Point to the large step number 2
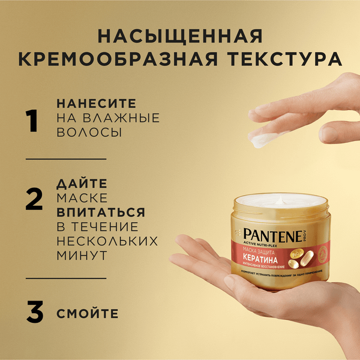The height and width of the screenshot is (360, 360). click(34, 197)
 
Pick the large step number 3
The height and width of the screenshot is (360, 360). click(34, 313)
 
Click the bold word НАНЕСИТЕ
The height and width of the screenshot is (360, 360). click(96, 103)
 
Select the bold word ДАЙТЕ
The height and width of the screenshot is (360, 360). click(82, 182)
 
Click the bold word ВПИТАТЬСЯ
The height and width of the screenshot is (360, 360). click(101, 212)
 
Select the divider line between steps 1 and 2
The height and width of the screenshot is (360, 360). click(66, 159)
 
